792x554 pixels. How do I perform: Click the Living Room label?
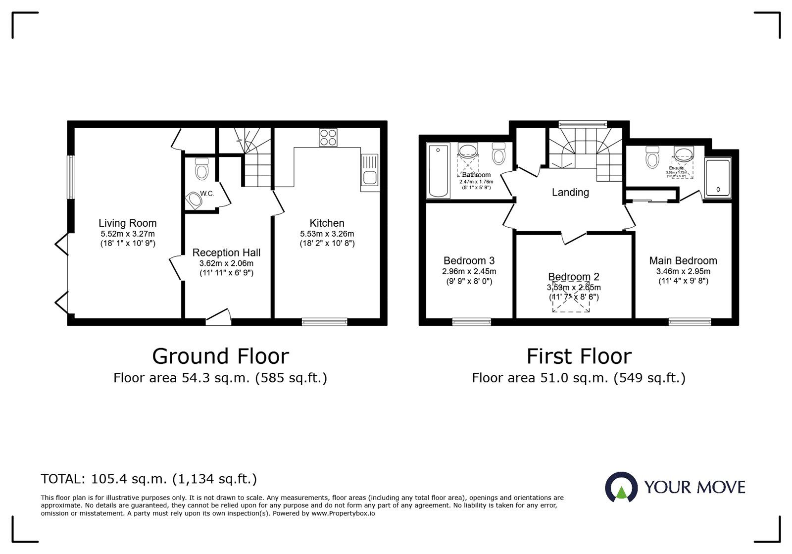[x=127, y=223]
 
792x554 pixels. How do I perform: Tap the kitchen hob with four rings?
[x=328, y=137]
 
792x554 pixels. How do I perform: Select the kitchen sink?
[x=370, y=170]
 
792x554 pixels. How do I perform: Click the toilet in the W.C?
[x=201, y=169]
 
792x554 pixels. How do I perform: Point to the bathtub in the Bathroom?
[x=438, y=171]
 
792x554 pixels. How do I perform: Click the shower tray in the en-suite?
[x=717, y=178]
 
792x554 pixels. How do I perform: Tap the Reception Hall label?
[x=226, y=252]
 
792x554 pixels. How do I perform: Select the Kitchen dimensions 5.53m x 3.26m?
[x=327, y=234]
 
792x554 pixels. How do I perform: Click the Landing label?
[x=570, y=192]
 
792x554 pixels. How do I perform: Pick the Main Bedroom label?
[x=683, y=260]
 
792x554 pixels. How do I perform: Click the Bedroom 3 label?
[x=469, y=260]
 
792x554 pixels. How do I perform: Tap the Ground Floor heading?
[x=220, y=356]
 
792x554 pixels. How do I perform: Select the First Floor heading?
[x=579, y=356]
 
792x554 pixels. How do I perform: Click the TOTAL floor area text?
[x=148, y=479]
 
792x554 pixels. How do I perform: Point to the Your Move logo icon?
[x=621, y=487]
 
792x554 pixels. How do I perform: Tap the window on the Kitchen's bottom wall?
[x=325, y=322]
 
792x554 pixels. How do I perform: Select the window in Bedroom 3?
[x=472, y=322]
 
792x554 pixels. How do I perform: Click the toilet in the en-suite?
[x=652, y=158]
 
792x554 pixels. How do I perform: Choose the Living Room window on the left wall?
[x=71, y=177]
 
